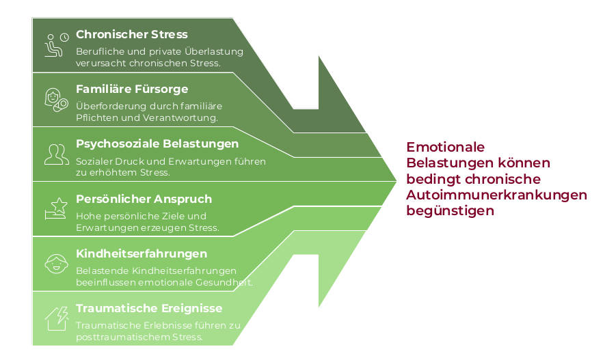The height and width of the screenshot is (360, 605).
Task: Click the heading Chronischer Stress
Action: [x=132, y=34]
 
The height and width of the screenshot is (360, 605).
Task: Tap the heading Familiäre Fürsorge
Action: [x=132, y=89]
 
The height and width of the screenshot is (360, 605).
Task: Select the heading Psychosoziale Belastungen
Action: [x=157, y=144]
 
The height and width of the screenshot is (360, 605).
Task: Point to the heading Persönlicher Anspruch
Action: [x=144, y=199]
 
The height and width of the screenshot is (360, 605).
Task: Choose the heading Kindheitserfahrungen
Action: [x=142, y=253]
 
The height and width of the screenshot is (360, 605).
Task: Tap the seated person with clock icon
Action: [x=55, y=43]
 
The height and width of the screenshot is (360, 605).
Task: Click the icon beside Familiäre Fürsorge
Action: [x=55, y=98]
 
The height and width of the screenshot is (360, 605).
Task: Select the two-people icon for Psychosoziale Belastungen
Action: [x=55, y=154]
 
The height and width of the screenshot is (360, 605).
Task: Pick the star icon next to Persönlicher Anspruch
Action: [x=55, y=208]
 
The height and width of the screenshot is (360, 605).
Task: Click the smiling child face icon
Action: [x=55, y=263]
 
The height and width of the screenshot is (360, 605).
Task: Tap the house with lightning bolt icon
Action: [x=55, y=317]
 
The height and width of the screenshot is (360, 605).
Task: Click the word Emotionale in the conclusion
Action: [x=445, y=147]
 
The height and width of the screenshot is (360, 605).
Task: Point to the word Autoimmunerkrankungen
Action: [x=496, y=195]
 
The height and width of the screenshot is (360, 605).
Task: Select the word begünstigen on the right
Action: [x=450, y=211]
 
